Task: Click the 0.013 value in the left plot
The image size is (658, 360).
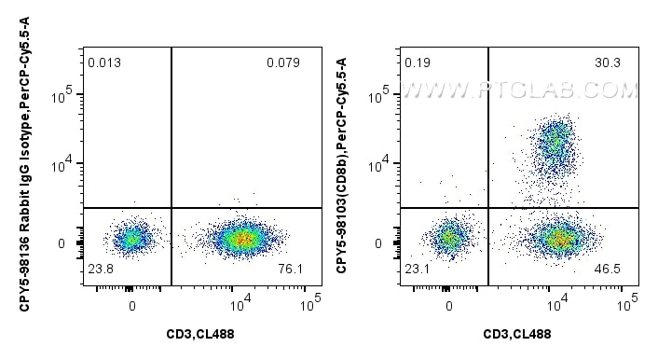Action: pos(103,63)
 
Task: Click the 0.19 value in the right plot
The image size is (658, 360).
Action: pos(417,63)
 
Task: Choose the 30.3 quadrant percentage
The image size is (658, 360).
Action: pos(606,63)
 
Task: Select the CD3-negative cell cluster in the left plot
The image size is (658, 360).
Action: pos(131,239)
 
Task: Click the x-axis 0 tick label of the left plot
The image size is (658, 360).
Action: pos(131,304)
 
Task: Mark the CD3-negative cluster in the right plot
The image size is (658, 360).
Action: pos(449,238)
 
